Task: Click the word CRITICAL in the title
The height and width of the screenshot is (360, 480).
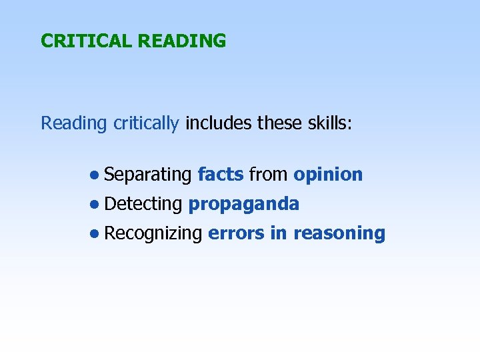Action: pos(87,41)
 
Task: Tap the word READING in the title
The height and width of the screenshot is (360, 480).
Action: pos(181,41)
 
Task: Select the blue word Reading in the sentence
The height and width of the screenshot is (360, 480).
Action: pos(73,124)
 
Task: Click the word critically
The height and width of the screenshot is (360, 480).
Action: pos(145,124)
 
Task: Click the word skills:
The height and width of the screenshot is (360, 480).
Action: pos(323,123)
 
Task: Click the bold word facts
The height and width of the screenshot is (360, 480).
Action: pos(221,175)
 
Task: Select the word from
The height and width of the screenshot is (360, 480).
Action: pos(268,175)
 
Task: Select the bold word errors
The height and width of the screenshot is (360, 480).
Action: pos(235,233)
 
